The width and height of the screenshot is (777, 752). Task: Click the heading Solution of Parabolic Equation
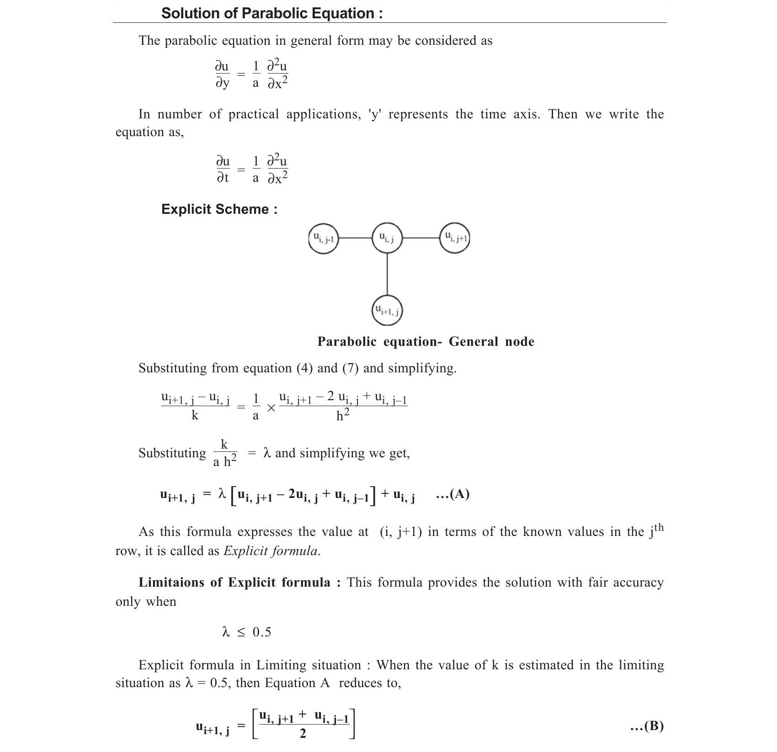tap(271, 13)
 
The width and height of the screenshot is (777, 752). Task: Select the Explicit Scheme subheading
tap(219, 209)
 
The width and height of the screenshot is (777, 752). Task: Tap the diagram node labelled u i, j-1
tap(323, 238)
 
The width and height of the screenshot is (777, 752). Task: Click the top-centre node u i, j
tap(387, 238)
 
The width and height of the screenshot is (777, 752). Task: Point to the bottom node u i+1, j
tap(387, 311)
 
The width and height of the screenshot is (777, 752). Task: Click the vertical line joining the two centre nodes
tap(387, 274)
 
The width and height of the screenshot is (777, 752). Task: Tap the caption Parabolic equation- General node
tap(426, 342)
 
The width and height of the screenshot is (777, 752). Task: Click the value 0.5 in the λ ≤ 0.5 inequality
tap(261, 632)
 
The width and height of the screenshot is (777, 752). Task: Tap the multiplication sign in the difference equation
tap(271, 408)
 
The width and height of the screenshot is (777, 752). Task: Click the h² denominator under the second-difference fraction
tap(343, 415)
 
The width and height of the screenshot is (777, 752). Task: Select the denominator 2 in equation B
tap(303, 734)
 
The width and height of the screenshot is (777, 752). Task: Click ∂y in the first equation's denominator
tap(222, 83)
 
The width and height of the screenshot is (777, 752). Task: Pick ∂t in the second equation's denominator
tap(222, 178)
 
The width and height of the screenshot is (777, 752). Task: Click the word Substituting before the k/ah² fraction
tap(172, 453)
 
